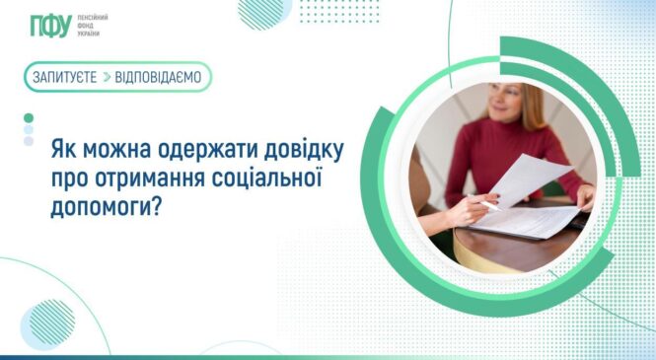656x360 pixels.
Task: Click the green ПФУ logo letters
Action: click(49, 25)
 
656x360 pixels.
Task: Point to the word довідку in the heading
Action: click(299, 152)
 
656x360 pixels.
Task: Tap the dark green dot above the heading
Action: click(29, 117)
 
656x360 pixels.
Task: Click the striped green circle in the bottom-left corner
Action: click(46, 324)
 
